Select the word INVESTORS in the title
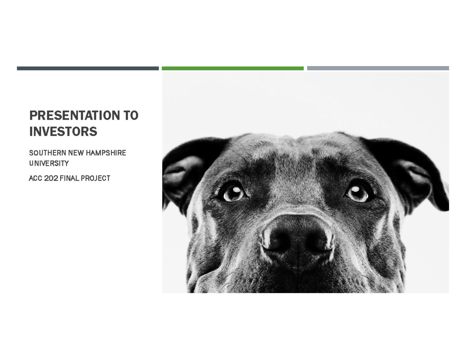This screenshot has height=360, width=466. pos(63,132)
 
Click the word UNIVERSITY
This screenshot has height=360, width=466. pos(49,163)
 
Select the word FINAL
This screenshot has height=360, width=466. pos(70,179)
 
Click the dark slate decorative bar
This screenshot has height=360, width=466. pos(88,68)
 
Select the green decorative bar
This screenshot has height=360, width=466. pos(233,68)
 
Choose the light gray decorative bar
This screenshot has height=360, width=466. pos(378,68)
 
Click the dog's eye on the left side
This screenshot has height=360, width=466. pos(234,192)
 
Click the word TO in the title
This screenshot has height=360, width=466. pos(131,116)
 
